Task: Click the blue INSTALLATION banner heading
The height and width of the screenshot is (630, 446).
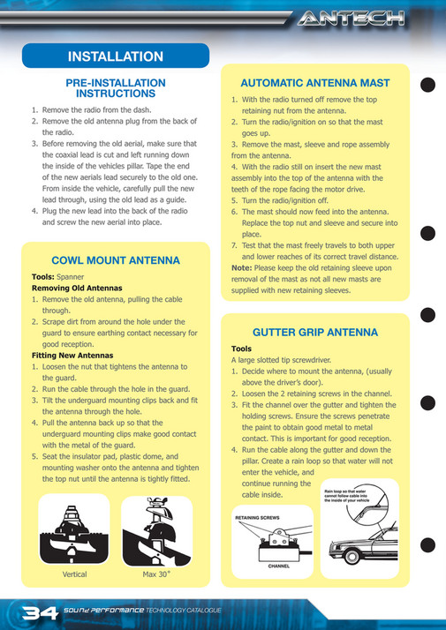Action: (x=116, y=56)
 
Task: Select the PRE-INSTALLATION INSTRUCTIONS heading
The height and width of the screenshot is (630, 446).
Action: (x=116, y=87)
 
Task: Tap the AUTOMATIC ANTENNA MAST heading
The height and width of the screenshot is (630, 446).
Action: (x=315, y=83)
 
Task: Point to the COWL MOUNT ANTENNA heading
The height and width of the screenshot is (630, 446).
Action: (x=116, y=260)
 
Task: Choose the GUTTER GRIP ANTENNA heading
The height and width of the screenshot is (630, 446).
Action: (x=315, y=333)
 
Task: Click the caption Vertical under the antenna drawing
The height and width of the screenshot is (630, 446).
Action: (x=75, y=574)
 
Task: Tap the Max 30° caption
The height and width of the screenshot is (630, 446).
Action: (x=156, y=574)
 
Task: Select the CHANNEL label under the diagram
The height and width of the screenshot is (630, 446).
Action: (x=279, y=566)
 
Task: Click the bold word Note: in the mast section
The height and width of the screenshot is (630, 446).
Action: (x=242, y=267)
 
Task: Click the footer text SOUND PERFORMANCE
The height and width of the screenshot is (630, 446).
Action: (x=103, y=611)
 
